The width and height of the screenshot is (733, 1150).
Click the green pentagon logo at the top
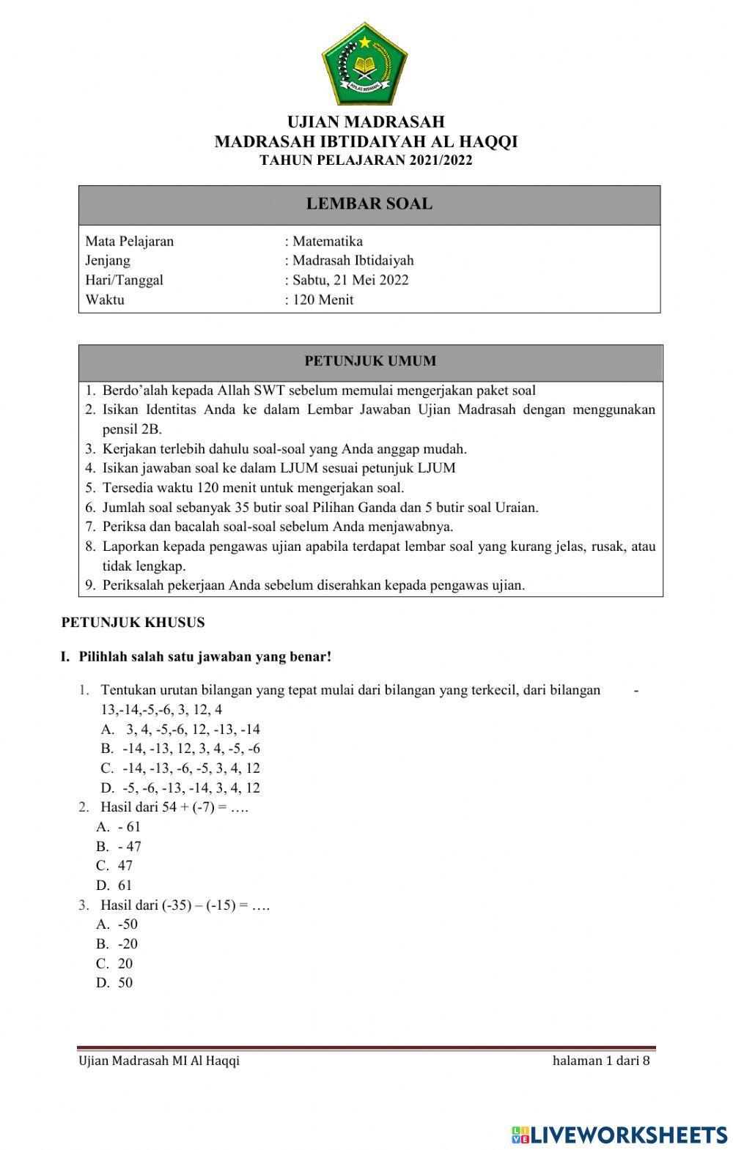[365, 64]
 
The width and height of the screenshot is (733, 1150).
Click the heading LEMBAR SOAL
[369, 204]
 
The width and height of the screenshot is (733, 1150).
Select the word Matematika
[327, 241]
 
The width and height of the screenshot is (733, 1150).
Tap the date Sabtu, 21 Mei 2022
[350, 280]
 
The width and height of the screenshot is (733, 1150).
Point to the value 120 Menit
[323, 300]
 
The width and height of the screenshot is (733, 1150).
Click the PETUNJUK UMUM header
[370, 361]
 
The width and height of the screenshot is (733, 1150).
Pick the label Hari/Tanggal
[124, 280]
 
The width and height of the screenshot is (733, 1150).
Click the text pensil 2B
[132, 429]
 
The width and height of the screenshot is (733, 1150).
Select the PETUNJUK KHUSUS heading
[133, 623]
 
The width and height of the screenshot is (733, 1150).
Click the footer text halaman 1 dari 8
[601, 1061]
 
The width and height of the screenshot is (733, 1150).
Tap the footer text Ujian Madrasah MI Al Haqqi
[159, 1061]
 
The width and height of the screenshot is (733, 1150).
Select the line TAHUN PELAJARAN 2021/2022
[366, 160]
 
